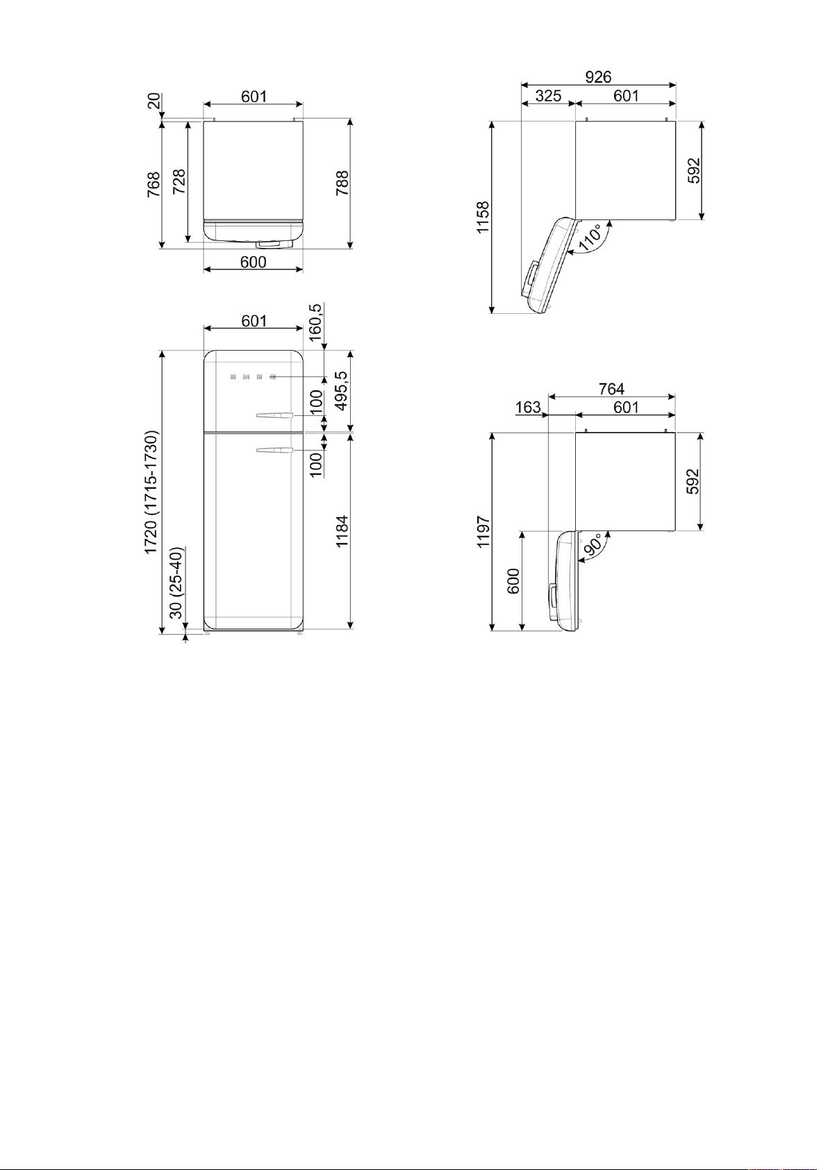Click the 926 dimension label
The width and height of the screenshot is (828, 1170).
pyautogui.click(x=598, y=77)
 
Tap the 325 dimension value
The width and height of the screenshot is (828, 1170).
pyautogui.click(x=548, y=96)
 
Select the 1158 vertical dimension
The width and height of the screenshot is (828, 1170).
pyautogui.click(x=483, y=217)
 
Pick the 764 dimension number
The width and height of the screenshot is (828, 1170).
pyautogui.click(x=611, y=389)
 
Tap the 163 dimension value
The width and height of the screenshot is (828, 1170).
pyautogui.click(x=528, y=407)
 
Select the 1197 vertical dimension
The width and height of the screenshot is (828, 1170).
pyautogui.click(x=483, y=532)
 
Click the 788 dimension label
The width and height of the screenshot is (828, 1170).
pyautogui.click(x=342, y=183)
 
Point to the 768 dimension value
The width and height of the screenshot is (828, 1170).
pyautogui.click(x=154, y=185)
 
